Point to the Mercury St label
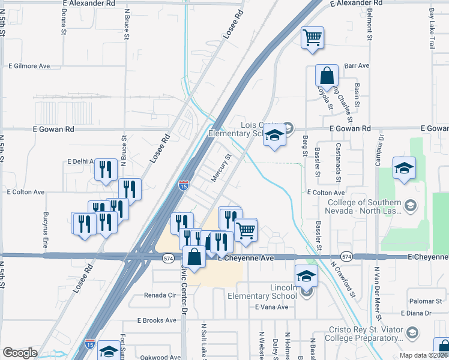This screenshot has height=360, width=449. (221, 169)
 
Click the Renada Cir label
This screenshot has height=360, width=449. (160, 295)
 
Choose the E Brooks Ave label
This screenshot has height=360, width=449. (157, 320)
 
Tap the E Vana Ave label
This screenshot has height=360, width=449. (271, 307)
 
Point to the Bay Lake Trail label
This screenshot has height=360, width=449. (431, 29)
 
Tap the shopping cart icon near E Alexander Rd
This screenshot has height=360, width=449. (312, 38)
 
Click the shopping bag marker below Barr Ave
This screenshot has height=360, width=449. (327, 76)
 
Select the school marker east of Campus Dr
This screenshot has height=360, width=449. (405, 169)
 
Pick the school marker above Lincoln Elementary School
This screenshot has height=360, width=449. (306, 276)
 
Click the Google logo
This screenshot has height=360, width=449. (20, 353)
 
